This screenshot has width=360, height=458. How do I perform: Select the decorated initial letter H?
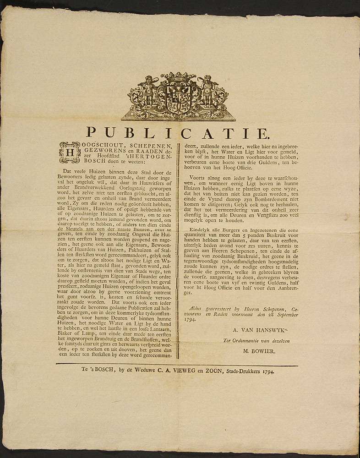coord(70,152)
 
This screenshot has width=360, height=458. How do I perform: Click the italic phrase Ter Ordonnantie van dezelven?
coord(256,340)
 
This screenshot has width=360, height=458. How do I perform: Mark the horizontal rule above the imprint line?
coord(177,365)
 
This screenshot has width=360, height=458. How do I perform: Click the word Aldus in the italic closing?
coord(196,309)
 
